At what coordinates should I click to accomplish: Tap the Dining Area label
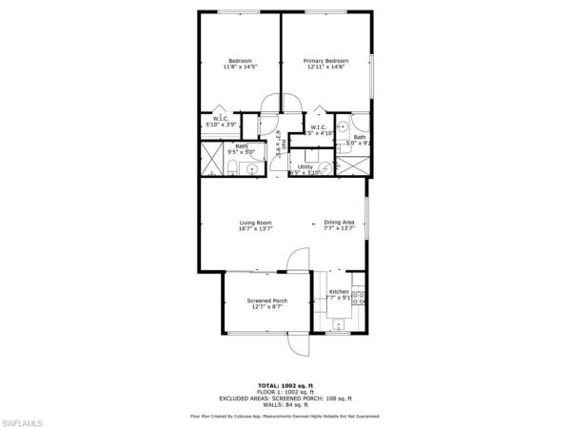point(338,223)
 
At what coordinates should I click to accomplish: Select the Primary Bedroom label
point(325,61)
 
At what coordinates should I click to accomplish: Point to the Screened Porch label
point(253,301)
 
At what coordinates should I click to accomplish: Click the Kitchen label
point(339,292)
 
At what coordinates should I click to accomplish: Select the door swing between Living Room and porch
point(298,258)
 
